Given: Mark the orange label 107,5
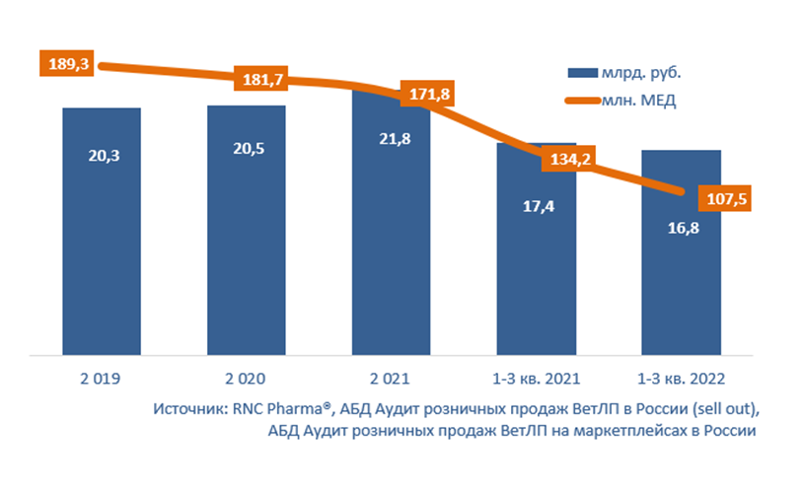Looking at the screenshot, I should (x=724, y=199).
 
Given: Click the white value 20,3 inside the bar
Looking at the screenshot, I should (x=102, y=156).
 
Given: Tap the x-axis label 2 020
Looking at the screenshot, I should (x=247, y=379).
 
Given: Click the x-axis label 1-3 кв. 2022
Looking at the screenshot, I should (x=681, y=379).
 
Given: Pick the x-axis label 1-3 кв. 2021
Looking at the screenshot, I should (x=536, y=379).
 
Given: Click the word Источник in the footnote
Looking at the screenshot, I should (x=188, y=410).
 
